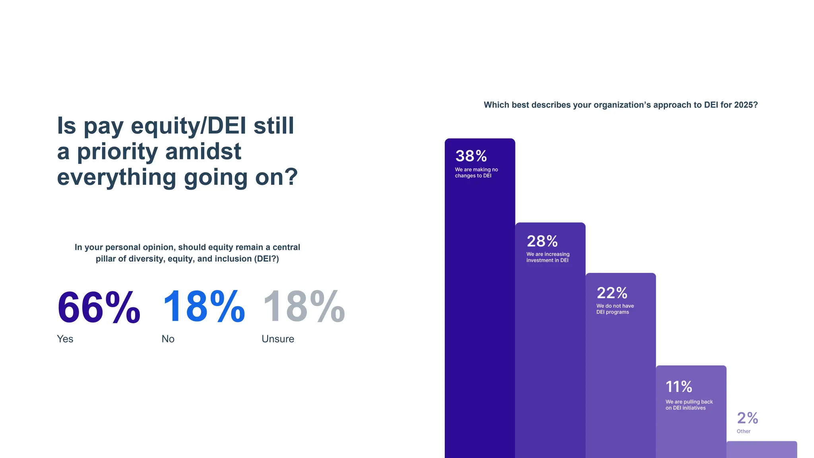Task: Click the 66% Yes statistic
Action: click(x=99, y=307)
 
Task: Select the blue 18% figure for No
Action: click(x=203, y=307)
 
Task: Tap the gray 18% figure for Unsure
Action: click(x=304, y=307)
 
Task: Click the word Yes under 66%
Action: click(x=65, y=339)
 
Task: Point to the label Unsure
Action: click(x=278, y=339)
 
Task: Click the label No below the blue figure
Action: click(x=168, y=339)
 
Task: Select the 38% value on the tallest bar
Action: click(x=471, y=156)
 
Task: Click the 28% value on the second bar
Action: click(x=542, y=241)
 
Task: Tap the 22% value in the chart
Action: click(x=612, y=293)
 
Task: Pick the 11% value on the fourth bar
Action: click(x=679, y=386)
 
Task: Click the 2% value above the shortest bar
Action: click(x=748, y=418)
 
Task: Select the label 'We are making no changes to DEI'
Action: click(x=476, y=173)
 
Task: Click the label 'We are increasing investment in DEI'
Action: click(x=548, y=257)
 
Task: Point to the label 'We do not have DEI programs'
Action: click(x=615, y=309)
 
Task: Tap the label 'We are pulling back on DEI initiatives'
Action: click(x=689, y=405)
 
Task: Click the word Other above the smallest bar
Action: click(x=744, y=431)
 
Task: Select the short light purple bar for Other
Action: click(x=762, y=450)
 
